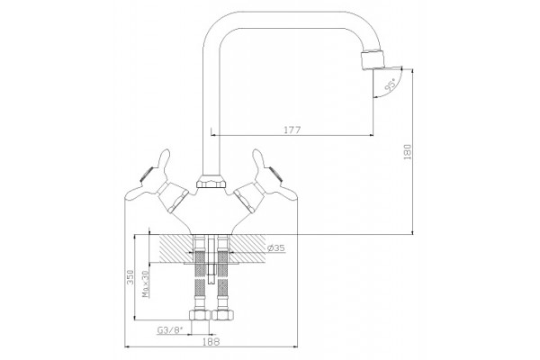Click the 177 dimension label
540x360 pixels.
[x=292, y=130]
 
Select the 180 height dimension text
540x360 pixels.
[x=408, y=151]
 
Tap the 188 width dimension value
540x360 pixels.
[x=211, y=341]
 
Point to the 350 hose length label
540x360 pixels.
[x=130, y=277]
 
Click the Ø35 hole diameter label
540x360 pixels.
[x=276, y=247]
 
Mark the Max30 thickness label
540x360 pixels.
[x=146, y=283]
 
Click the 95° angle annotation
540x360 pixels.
[x=391, y=85]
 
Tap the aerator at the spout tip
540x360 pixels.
[x=373, y=59]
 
